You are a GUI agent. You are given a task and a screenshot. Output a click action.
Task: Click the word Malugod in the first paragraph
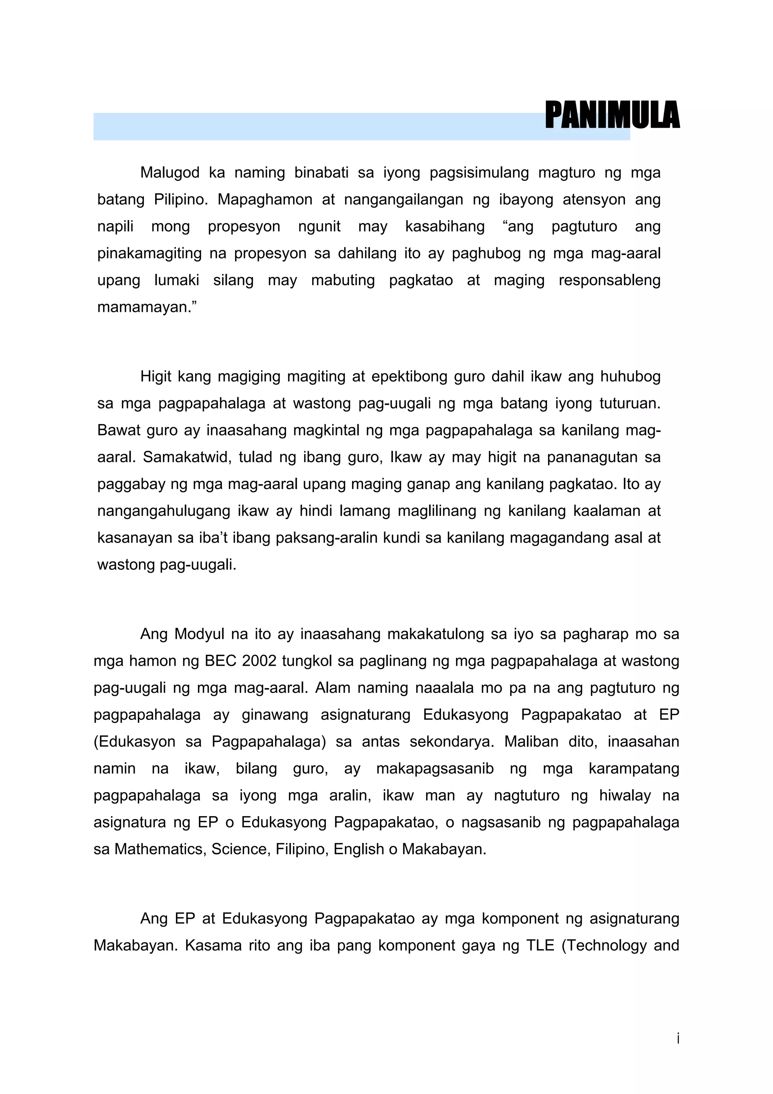[169, 173]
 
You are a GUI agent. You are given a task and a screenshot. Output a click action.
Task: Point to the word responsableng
[609, 280]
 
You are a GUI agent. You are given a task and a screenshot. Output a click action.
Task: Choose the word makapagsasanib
[435, 768]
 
